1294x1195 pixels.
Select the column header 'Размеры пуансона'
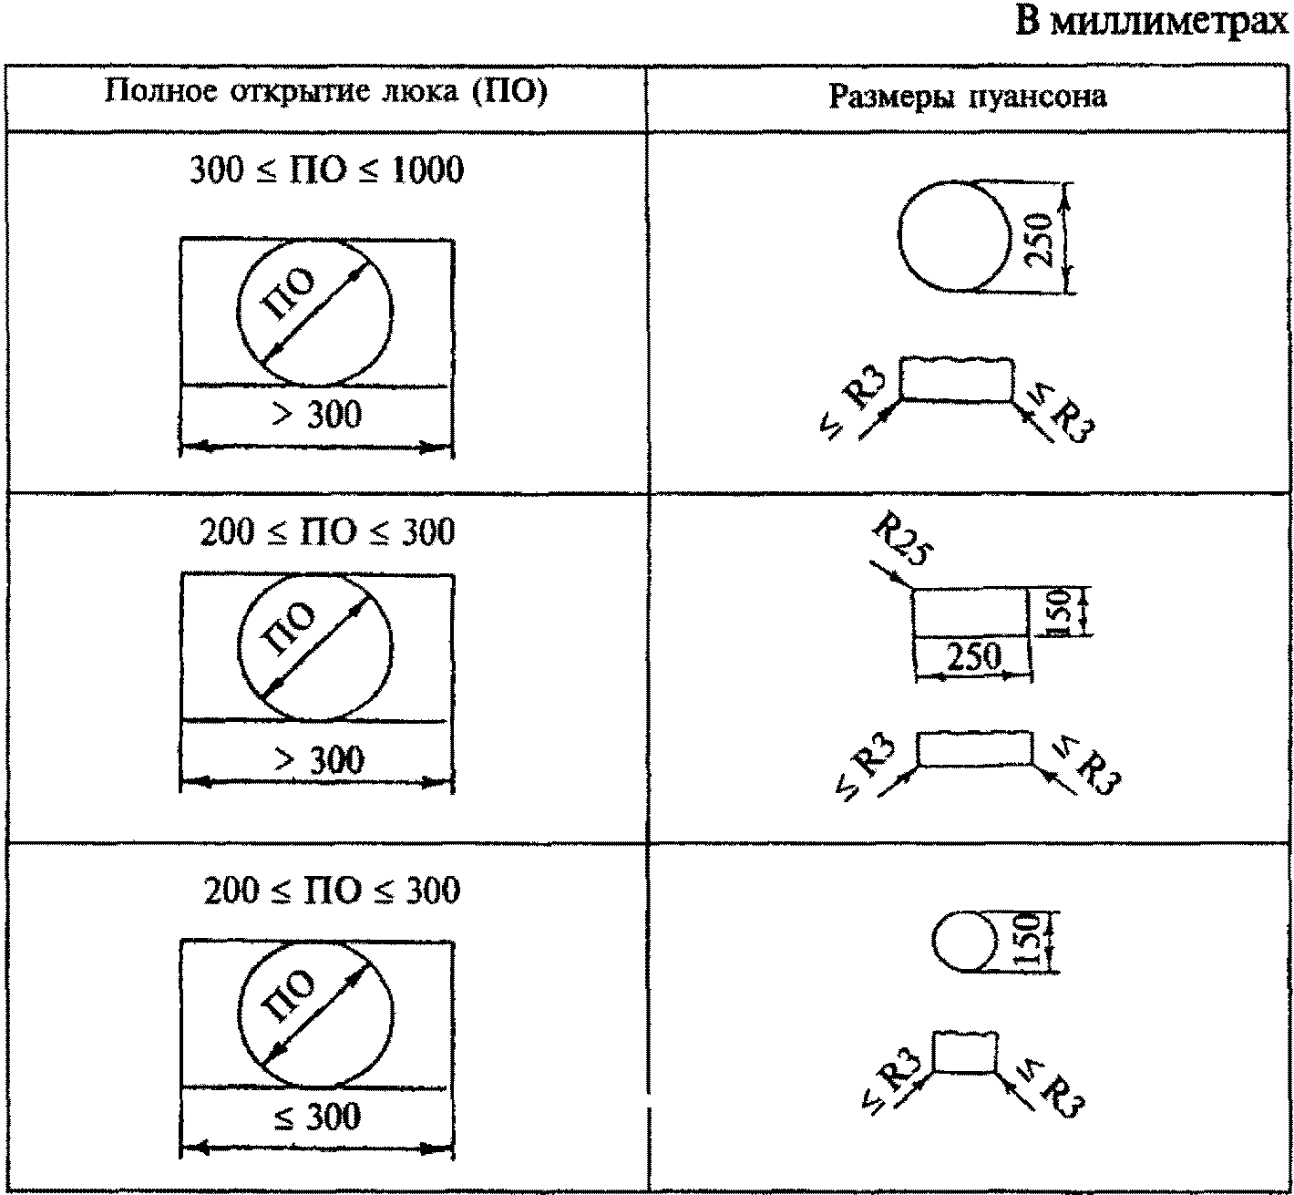[x=968, y=97]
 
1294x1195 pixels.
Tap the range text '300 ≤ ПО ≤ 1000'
[x=325, y=170]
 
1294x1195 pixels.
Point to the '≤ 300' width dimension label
[x=318, y=1117]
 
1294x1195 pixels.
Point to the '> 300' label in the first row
[x=318, y=416]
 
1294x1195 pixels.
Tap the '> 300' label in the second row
[x=318, y=759]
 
